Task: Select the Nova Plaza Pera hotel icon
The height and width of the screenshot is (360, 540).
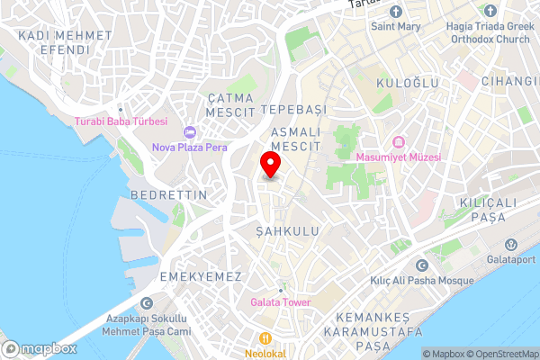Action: [190, 132]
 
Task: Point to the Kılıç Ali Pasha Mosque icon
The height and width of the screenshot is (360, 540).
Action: [422, 265]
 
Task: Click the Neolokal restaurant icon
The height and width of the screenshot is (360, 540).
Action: [265, 339]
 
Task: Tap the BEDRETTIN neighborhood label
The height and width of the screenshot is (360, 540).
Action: [168, 194]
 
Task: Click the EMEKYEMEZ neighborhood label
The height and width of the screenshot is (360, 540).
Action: [200, 275]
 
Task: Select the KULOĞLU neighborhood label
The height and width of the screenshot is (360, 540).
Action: [408, 83]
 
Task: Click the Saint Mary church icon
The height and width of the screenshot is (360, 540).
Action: [395, 11]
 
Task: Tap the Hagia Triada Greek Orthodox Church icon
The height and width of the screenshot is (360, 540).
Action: [490, 11]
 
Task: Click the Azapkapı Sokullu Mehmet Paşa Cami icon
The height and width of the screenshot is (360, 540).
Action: [148, 304]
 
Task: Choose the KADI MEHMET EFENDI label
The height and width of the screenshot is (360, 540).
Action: [65, 42]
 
